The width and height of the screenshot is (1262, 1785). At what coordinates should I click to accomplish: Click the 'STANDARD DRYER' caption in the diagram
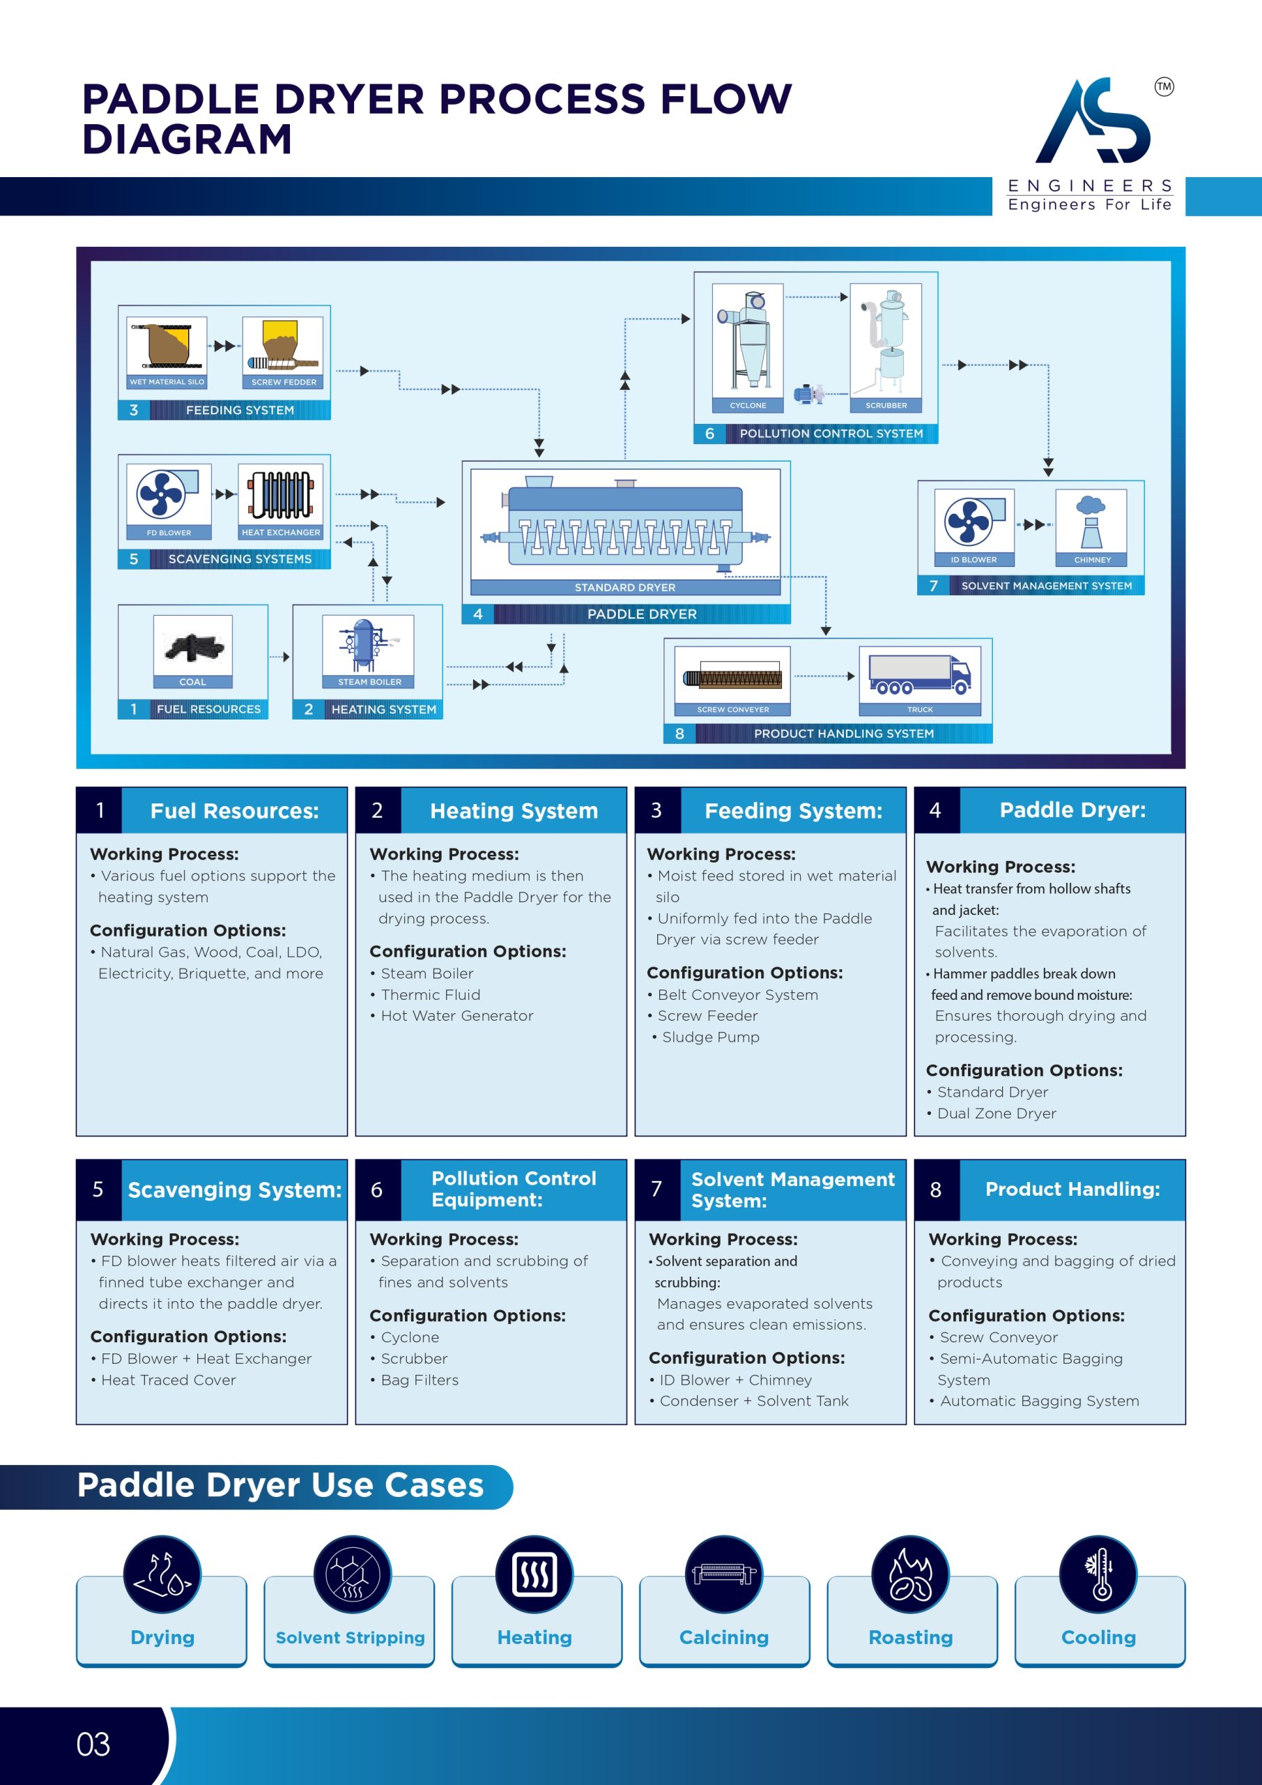(625, 587)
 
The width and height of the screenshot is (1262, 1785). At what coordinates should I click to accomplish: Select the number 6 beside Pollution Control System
(709, 434)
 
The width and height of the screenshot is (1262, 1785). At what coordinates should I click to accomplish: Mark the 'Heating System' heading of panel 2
(514, 811)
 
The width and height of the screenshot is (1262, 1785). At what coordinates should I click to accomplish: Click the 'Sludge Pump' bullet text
(710, 1037)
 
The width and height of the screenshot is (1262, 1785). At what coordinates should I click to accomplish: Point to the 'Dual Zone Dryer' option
(996, 1114)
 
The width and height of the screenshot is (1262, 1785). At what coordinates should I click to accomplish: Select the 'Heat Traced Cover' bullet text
(168, 1380)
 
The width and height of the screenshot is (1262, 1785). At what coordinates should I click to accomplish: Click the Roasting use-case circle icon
(910, 1574)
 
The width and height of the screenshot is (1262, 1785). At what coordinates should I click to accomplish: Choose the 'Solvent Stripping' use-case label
(350, 1637)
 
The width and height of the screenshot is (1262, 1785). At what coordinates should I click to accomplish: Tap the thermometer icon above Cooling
(1098, 1574)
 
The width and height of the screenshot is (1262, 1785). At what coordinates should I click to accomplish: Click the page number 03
(93, 1745)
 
